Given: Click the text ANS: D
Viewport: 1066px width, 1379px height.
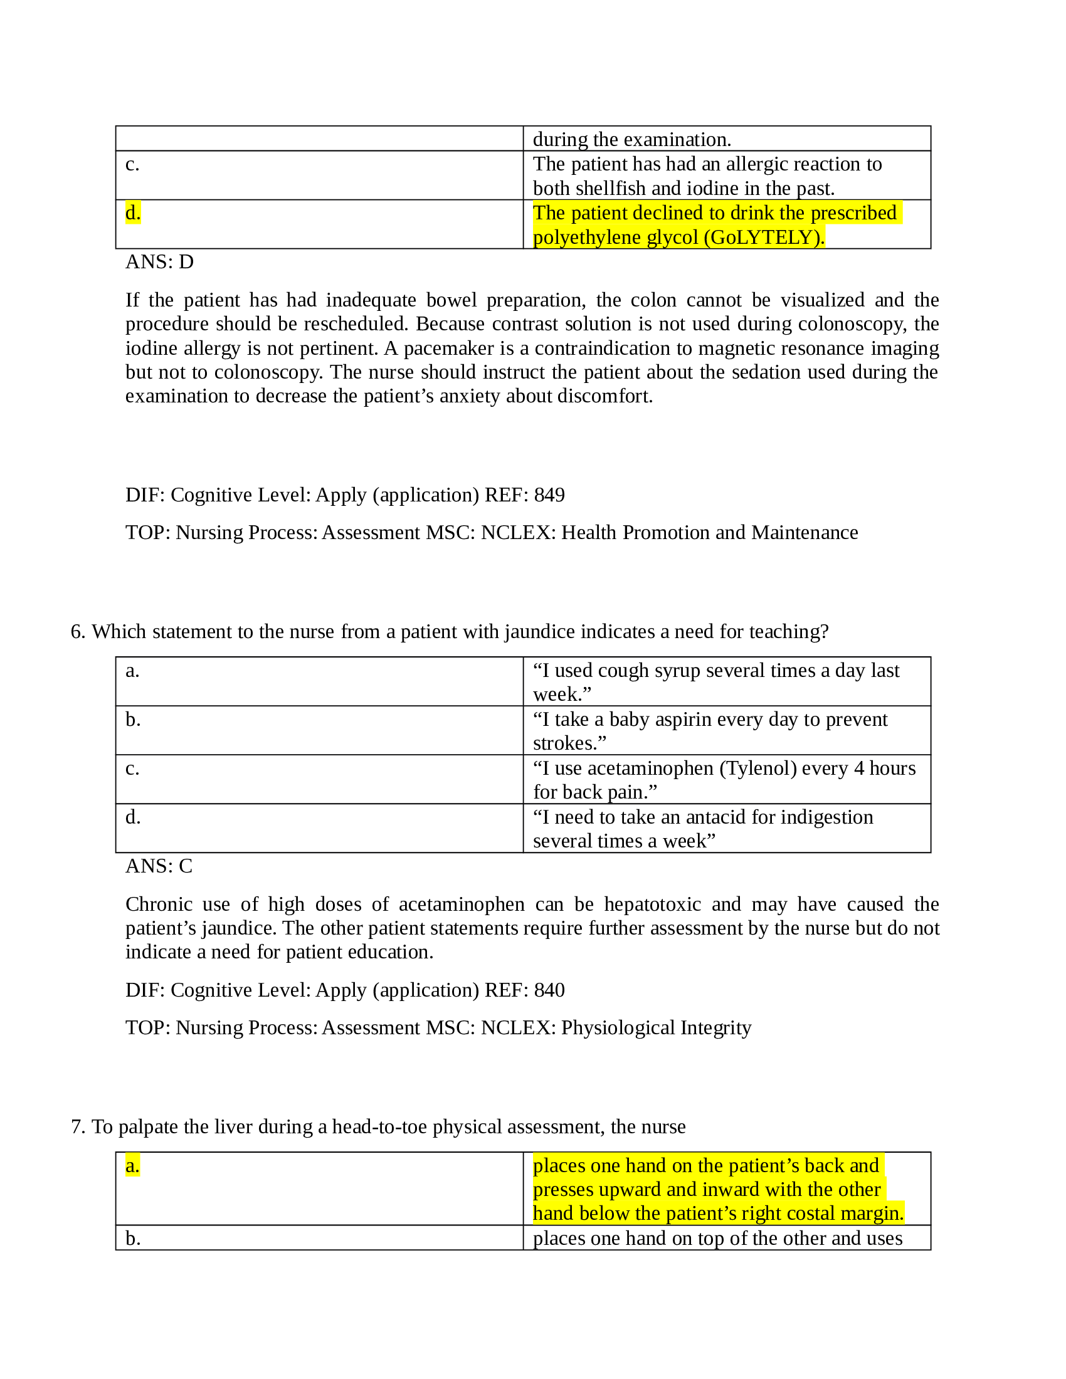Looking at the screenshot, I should coord(159,261).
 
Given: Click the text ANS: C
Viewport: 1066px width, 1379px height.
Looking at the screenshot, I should coord(159,866).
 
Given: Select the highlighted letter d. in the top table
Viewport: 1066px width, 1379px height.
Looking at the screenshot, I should coord(132,212).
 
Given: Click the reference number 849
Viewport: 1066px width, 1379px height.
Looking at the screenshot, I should coord(549,495).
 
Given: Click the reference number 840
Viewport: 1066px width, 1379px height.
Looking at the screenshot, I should coord(549,989).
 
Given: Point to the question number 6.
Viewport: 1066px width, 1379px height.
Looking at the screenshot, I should coord(77,631).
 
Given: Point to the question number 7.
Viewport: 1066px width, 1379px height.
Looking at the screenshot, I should coord(77,1126).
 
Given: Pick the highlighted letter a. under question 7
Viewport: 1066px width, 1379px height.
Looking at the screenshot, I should coord(132,1166).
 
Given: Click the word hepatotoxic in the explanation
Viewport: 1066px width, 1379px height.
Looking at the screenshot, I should coord(652,904).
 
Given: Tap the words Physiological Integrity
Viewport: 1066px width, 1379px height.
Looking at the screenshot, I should coord(656,1027).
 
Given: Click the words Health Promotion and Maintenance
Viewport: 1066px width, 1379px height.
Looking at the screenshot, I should coord(709,532).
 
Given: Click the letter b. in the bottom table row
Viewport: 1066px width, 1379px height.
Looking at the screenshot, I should coord(132,1238).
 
